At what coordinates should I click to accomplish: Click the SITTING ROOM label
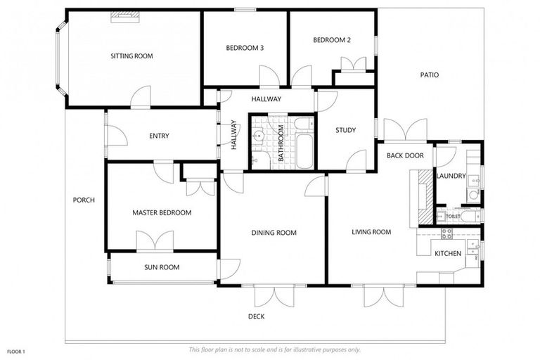point(131,56)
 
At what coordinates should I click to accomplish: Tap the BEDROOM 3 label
point(245,48)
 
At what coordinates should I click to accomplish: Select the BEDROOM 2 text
point(332,40)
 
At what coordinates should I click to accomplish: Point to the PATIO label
point(430,75)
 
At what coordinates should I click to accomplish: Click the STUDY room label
point(345,130)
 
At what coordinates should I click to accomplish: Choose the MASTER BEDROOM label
point(162,212)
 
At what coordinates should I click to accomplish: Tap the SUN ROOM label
point(162,267)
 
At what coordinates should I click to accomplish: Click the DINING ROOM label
point(274,233)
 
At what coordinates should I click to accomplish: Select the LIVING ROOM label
point(371,232)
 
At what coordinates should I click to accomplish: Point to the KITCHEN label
point(448,253)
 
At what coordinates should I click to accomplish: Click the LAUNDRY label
point(451,176)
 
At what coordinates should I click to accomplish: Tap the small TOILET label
point(453,217)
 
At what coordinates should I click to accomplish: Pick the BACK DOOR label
point(405,155)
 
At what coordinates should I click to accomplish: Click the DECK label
point(256,316)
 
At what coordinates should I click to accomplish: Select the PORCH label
point(84,200)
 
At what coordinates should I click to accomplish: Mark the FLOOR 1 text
point(15,351)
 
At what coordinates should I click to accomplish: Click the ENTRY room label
point(159,136)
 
